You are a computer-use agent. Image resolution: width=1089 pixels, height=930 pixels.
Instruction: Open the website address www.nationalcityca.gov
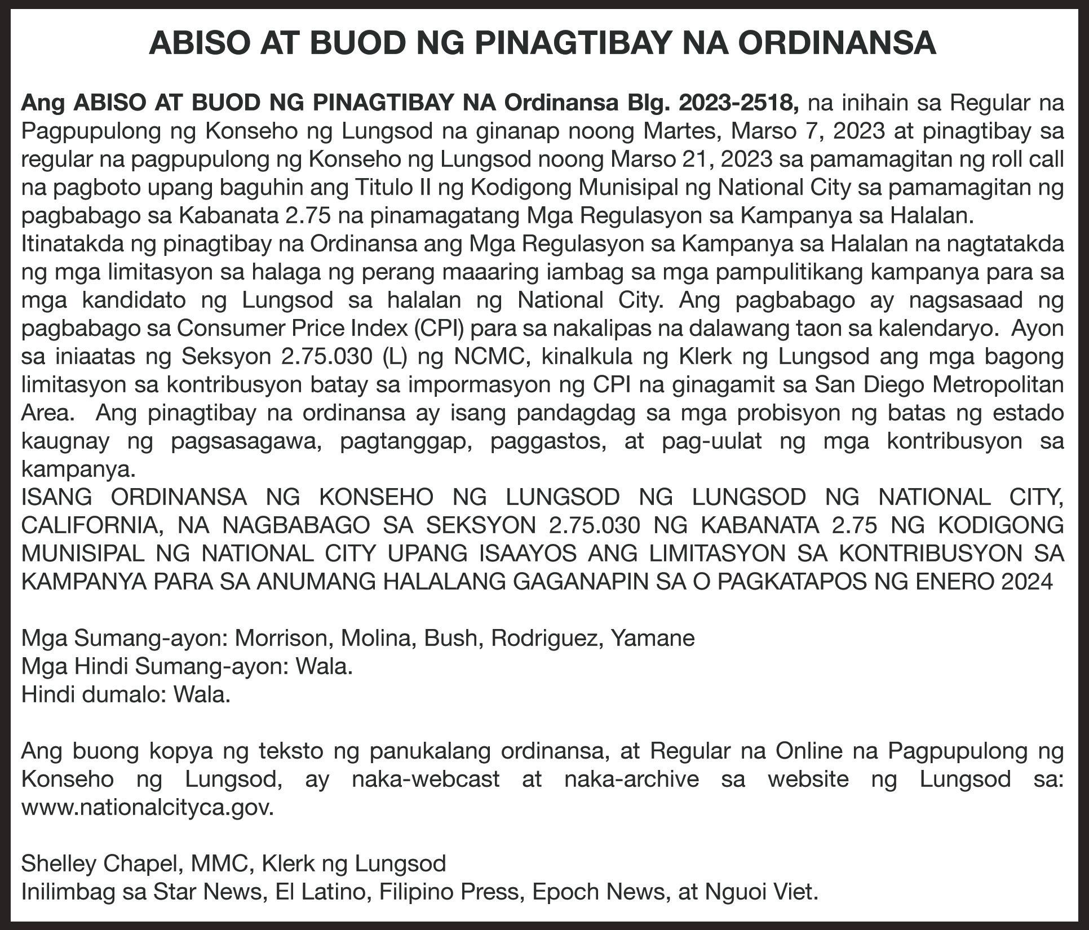pyautogui.click(x=147, y=807)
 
